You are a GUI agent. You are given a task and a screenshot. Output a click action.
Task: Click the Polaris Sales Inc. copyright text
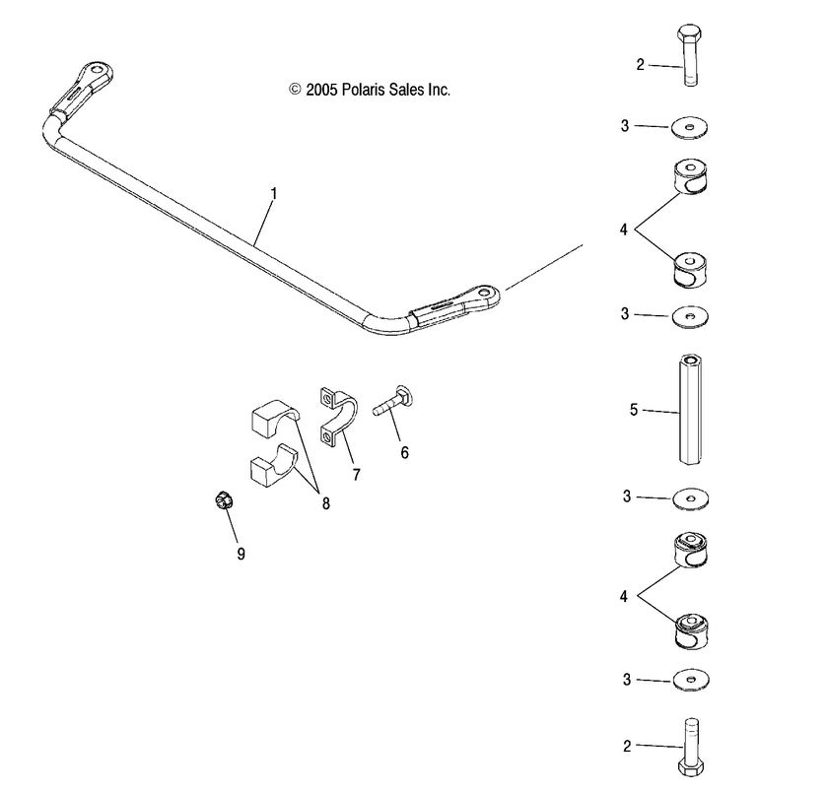click(370, 90)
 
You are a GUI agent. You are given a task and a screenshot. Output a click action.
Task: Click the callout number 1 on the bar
click(273, 194)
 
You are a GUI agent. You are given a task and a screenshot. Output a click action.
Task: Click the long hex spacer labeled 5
click(690, 411)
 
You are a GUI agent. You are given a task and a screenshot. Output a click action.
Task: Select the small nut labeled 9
click(223, 501)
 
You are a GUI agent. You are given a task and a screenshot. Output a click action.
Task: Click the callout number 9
click(241, 554)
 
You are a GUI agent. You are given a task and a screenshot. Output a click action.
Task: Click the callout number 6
click(404, 453)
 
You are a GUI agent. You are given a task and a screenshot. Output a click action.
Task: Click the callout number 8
click(324, 503)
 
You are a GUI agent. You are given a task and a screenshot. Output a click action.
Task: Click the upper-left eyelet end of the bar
click(96, 72)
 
